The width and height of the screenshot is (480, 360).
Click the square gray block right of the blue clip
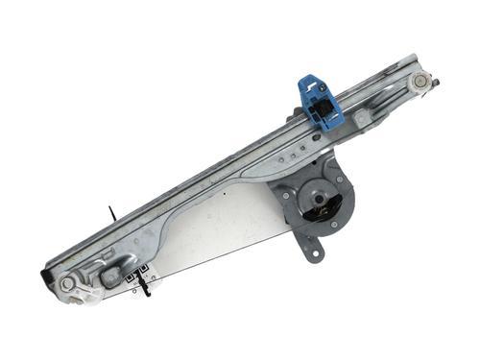pos(360,117)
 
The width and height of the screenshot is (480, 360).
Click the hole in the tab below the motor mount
pos(311,254)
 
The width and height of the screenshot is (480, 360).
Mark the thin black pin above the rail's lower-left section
pos(112,212)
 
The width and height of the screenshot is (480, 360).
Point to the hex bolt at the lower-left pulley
pos(66,284)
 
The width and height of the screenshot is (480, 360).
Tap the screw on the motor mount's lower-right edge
pos(334,226)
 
